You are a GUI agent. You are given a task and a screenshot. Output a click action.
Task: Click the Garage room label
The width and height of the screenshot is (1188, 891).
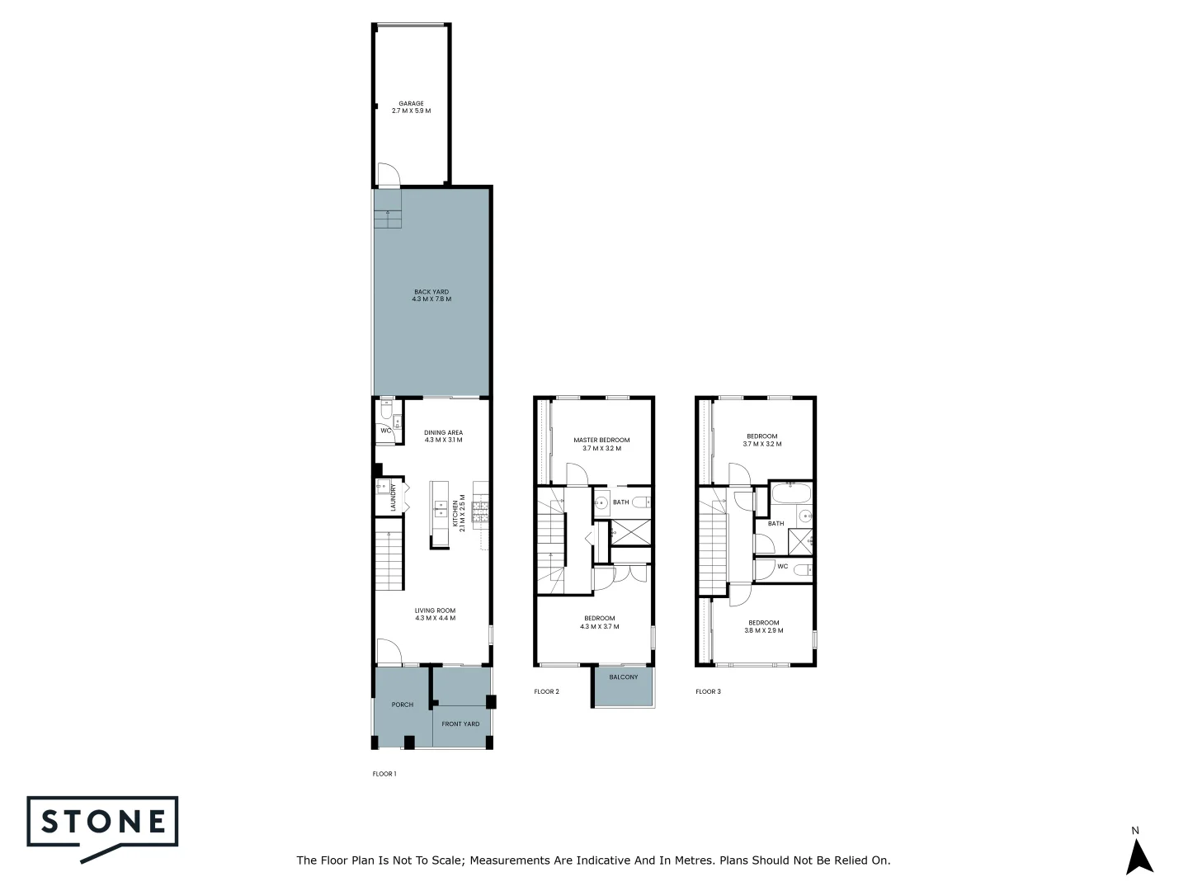tap(411, 107)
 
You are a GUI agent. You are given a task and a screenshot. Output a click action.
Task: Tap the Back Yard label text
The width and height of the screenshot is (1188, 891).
tap(431, 295)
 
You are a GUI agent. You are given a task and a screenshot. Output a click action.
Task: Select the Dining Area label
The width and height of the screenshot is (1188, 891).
tap(443, 436)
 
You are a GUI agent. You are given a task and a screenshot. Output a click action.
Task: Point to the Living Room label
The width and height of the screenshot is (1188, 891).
tap(435, 615)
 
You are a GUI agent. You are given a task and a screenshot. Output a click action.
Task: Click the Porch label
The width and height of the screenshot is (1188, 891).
tap(403, 705)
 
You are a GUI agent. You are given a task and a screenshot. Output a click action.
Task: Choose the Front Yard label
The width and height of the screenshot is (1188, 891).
tap(460, 724)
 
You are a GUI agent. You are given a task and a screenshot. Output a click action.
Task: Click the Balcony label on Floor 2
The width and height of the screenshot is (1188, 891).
tap(623, 677)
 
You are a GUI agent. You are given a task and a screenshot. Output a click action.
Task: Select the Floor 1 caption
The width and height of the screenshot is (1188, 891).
tap(384, 774)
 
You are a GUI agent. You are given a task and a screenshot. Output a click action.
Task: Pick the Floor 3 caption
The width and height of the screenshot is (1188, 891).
tap(708, 691)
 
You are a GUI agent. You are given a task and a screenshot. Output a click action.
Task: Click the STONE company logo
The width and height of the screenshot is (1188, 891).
tap(103, 822)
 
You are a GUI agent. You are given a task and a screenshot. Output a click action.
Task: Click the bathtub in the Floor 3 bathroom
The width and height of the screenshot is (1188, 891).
tap(790, 494)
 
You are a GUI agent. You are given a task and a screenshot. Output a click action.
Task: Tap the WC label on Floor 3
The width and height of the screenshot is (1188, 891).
tap(782, 567)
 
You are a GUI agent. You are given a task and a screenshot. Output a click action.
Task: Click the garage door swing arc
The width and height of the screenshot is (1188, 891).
tap(388, 174)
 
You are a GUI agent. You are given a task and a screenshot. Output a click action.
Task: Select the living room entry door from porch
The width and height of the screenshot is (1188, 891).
tap(389, 652)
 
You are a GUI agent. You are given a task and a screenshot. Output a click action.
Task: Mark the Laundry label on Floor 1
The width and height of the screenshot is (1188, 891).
tap(394, 497)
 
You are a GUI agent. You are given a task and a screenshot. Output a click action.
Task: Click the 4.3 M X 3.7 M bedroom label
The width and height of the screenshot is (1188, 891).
tap(599, 622)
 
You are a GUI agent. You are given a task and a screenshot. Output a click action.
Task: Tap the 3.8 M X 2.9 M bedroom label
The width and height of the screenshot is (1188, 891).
tap(763, 626)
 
